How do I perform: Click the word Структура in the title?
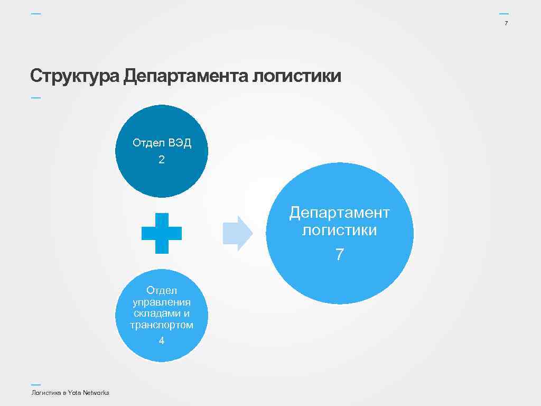[74, 77]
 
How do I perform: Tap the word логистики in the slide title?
[297, 77]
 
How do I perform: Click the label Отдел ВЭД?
[162, 143]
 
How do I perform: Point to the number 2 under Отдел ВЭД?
[162, 160]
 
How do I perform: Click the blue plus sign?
[162, 233]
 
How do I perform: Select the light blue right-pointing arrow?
[238, 233]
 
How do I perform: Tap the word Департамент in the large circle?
[339, 213]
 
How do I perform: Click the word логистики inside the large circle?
[339, 230]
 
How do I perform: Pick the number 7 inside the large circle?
[339, 255]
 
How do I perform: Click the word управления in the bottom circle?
[162, 302]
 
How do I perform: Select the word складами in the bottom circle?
[154, 313]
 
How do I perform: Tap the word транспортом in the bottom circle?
[162, 325]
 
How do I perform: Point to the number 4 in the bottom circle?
[162, 341]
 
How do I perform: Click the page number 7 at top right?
[506, 23]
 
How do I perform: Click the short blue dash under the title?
[35, 97]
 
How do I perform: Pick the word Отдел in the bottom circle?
[162, 291]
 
